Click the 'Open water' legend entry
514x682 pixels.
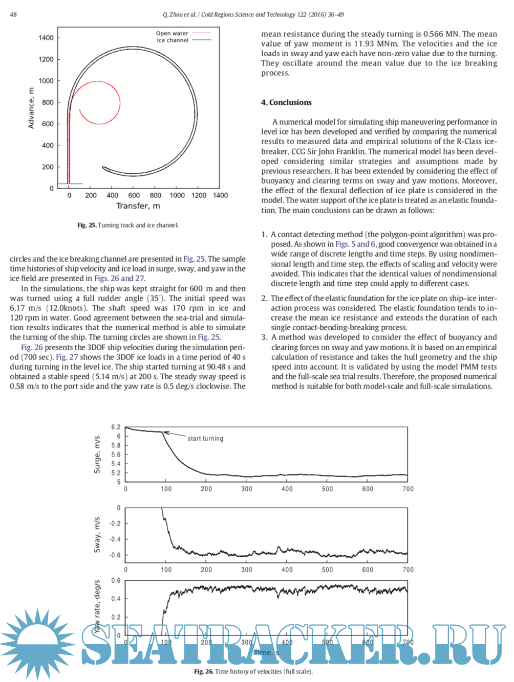click(172, 33)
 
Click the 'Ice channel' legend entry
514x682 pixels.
click(173, 40)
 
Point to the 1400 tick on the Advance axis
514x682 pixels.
click(46, 38)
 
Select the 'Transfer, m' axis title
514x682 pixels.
click(138, 206)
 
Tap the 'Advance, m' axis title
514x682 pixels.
click(31, 108)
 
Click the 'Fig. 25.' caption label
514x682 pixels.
click(87, 225)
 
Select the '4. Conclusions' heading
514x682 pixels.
click(286, 102)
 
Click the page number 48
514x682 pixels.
click(13, 14)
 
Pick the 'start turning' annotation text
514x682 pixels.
click(205, 439)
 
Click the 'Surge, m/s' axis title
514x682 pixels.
click(97, 454)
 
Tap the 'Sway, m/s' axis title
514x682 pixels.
click(97, 535)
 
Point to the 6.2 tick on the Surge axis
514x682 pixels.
click(116, 427)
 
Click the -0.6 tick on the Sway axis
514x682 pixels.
click(115, 555)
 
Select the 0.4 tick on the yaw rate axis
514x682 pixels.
click(116, 599)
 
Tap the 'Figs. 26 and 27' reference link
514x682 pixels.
click(119, 279)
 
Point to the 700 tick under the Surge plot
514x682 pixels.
click(408, 489)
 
